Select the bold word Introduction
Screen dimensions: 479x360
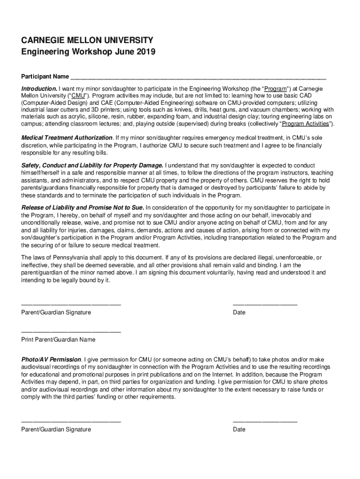pyautogui.click(x=39, y=89)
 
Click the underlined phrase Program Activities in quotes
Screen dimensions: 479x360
pyautogui.click(x=306, y=124)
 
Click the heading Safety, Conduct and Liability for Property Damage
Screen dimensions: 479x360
pyautogui.click(x=92, y=166)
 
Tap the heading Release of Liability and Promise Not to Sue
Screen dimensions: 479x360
pyautogui.click(x=83, y=208)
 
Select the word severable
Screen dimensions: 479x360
pyautogui.click(x=113, y=264)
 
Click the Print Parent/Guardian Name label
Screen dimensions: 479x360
pyautogui.click(x=58, y=340)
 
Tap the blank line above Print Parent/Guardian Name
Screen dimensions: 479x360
pyautogui.click(x=71, y=332)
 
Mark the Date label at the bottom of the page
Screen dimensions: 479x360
pyautogui.click(x=239, y=429)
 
